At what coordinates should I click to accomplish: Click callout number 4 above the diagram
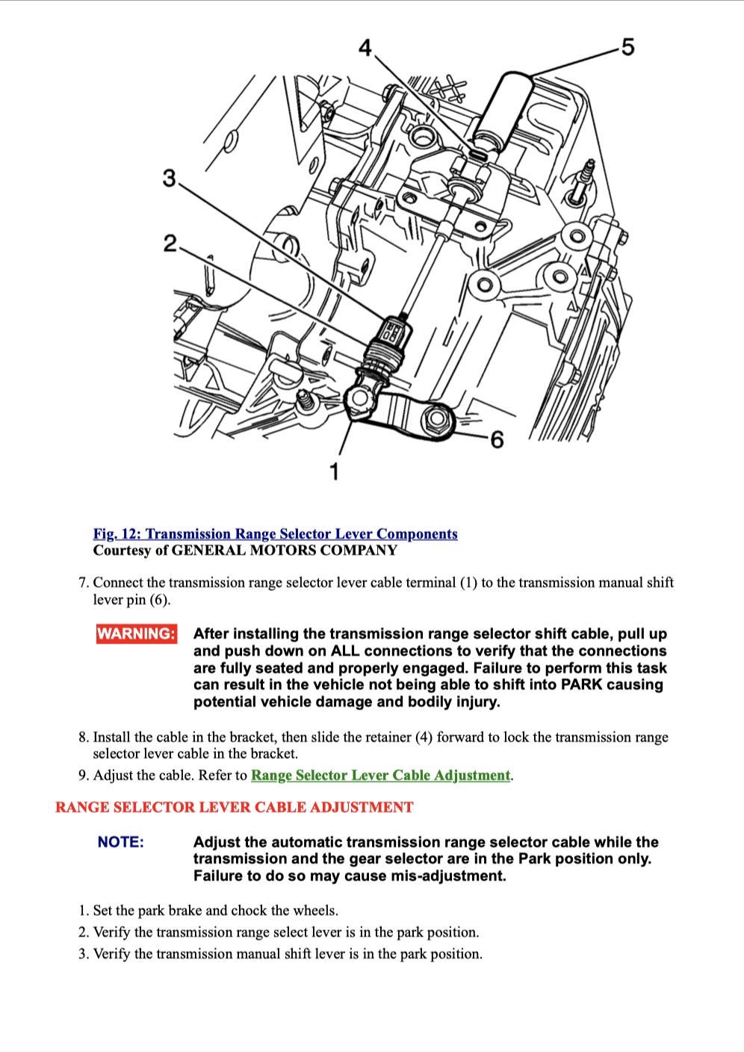(x=365, y=49)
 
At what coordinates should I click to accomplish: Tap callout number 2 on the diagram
(x=170, y=244)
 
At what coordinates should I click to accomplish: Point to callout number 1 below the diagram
(x=334, y=471)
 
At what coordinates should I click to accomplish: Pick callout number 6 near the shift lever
(x=496, y=439)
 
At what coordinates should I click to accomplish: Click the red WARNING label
(x=137, y=634)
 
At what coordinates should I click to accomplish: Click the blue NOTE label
(x=120, y=842)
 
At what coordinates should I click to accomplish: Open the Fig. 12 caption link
(x=275, y=533)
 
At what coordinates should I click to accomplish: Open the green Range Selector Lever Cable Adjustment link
(x=381, y=775)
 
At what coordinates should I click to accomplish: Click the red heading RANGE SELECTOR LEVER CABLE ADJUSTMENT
(x=234, y=808)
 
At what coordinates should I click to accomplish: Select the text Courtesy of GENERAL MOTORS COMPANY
(x=245, y=551)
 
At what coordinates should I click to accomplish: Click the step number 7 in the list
(x=83, y=583)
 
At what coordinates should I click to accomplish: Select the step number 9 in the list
(x=83, y=775)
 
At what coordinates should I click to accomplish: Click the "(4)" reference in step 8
(x=424, y=737)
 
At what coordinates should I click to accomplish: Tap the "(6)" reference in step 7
(x=159, y=600)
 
